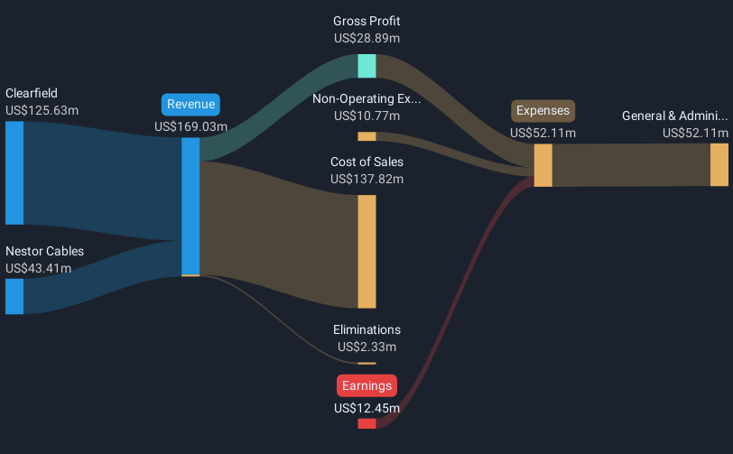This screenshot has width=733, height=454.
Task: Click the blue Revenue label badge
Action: click(190, 105)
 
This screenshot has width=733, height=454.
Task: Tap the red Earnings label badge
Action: click(367, 385)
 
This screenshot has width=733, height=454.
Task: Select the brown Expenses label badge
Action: click(543, 111)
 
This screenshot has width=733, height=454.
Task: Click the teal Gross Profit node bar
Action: click(367, 66)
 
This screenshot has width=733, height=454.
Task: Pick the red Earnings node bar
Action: click(367, 423)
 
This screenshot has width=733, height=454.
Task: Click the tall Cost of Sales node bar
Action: click(367, 252)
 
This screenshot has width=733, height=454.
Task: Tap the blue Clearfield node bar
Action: click(14, 173)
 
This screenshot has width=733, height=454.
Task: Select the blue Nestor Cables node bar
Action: click(14, 296)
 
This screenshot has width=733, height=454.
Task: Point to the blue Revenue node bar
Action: click(190, 206)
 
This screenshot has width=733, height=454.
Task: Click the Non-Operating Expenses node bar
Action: click(367, 136)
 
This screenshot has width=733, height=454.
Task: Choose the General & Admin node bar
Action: click(719, 164)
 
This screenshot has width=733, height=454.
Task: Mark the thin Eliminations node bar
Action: click(367, 364)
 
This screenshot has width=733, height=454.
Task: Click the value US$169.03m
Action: click(190, 126)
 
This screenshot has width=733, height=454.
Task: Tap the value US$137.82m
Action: click(367, 179)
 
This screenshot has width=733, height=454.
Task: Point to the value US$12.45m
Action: click(367, 408)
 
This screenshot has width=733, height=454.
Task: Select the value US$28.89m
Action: click(367, 38)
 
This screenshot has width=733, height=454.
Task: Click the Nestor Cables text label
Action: click(45, 251)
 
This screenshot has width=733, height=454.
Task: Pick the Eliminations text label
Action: click(367, 329)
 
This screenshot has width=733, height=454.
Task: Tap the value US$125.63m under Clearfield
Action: click(42, 110)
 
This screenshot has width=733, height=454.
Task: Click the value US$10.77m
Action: click(367, 116)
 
